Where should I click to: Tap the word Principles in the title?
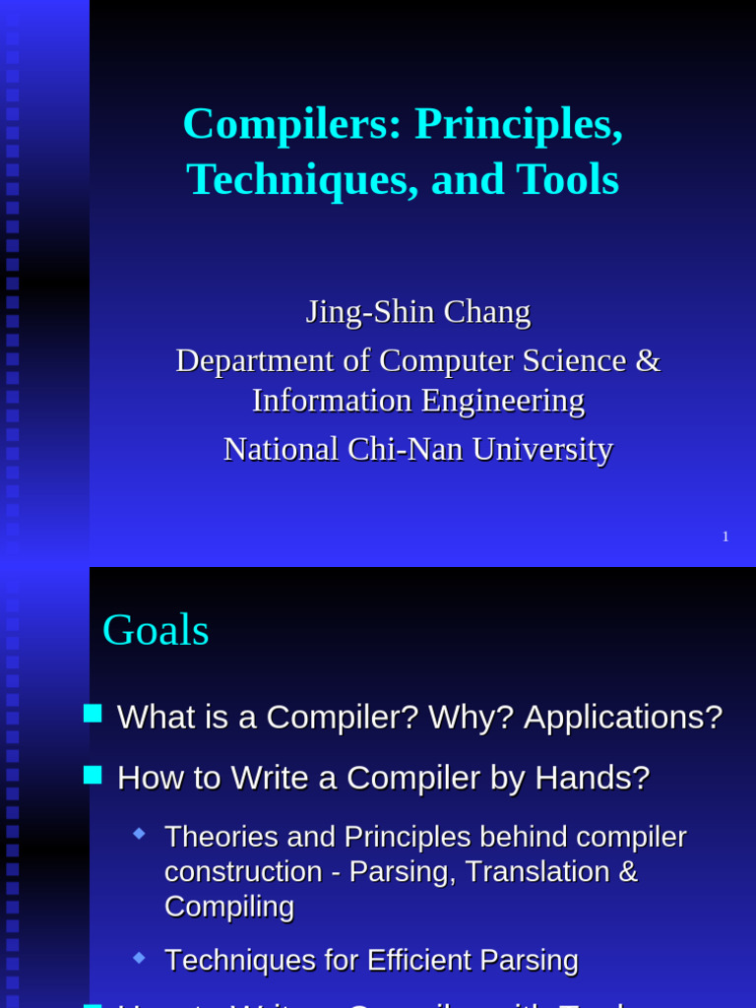coord(518,124)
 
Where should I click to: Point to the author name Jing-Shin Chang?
coord(417,312)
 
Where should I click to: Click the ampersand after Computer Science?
coord(648,360)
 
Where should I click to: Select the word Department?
coord(252,360)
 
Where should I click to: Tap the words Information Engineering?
coord(417,401)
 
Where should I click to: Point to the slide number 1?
coord(725,536)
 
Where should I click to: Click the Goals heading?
coord(156,630)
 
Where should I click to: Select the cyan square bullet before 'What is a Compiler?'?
coord(93,713)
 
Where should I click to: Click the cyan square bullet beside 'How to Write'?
coord(93,775)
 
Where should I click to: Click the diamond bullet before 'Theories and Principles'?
coord(139,833)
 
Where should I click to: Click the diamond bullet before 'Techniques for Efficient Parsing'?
coord(139,956)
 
